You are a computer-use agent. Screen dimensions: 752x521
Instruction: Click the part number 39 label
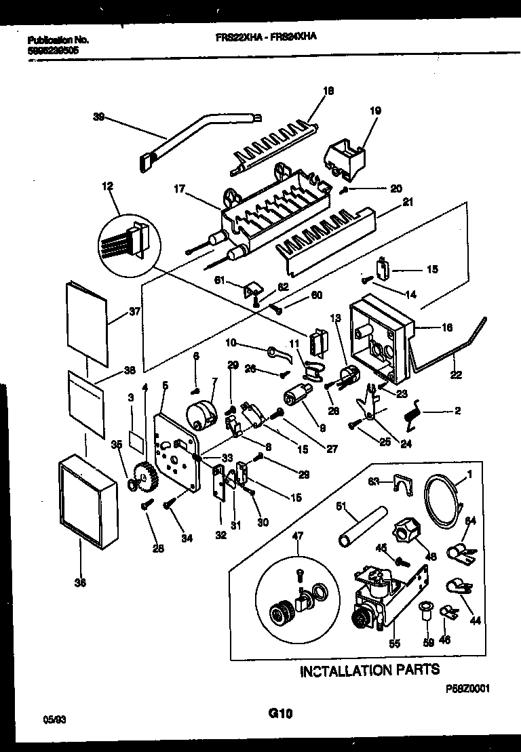pyautogui.click(x=98, y=117)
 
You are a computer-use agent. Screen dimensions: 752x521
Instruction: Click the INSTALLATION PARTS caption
pyautogui.click(x=370, y=670)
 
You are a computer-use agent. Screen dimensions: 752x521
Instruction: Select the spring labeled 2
pyautogui.click(x=412, y=413)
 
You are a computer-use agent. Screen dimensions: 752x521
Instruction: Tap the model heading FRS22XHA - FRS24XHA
pyautogui.click(x=261, y=39)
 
